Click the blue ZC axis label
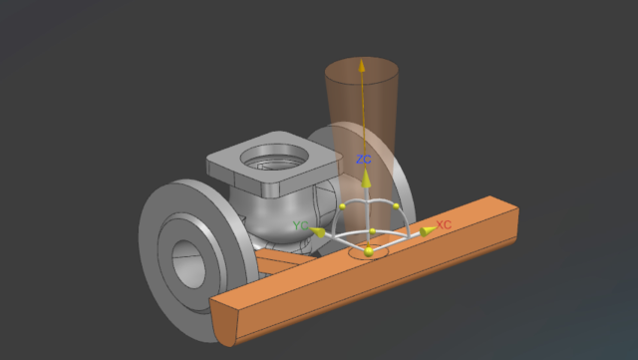(363, 160)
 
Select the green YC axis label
(300, 225)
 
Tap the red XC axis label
(444, 224)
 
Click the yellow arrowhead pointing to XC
(427, 231)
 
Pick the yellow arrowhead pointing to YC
(318, 232)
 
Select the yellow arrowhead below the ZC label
(366, 179)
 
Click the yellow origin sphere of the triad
(369, 252)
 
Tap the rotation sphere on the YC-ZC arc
(342, 206)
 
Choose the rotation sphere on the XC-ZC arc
(396, 206)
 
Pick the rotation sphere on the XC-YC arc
(372, 231)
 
